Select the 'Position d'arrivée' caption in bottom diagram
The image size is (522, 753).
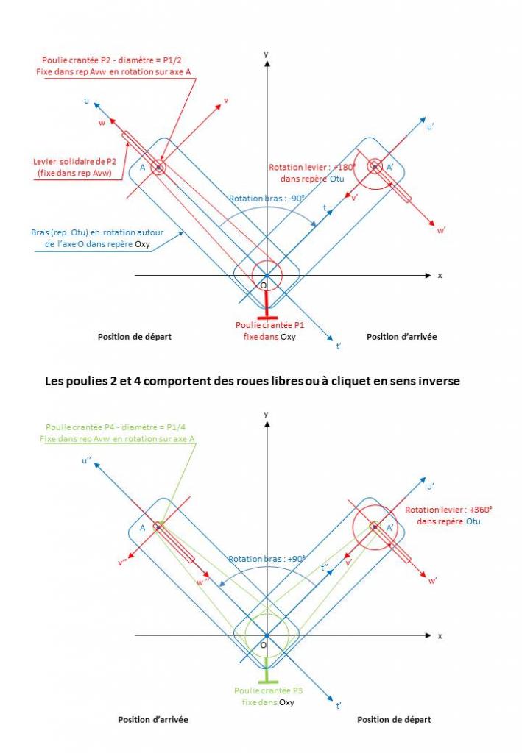pos(153,718)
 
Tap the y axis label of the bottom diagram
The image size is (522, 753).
pos(266,414)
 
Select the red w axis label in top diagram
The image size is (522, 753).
pos(102,123)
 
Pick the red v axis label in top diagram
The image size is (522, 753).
pos(225,100)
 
